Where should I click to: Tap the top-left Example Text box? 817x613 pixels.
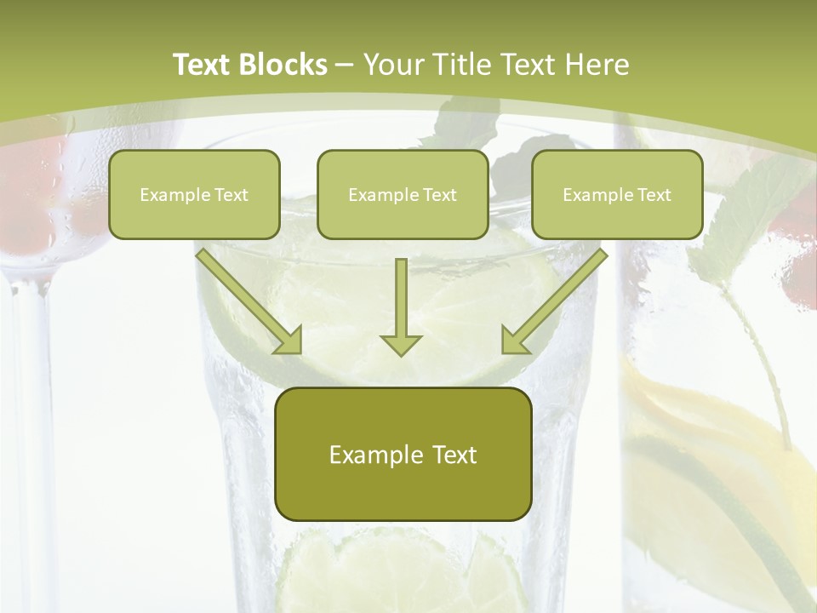pyautogui.click(x=194, y=194)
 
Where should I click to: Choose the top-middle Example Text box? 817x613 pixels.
pyautogui.click(x=403, y=194)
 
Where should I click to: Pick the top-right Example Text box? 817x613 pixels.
pyautogui.click(x=617, y=194)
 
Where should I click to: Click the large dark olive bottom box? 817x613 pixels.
pyautogui.click(x=403, y=454)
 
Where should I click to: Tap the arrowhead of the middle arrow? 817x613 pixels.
pyautogui.click(x=401, y=343)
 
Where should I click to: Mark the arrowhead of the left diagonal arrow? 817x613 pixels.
pyautogui.click(x=289, y=341)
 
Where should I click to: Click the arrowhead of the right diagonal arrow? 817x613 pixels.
pyautogui.click(x=514, y=341)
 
